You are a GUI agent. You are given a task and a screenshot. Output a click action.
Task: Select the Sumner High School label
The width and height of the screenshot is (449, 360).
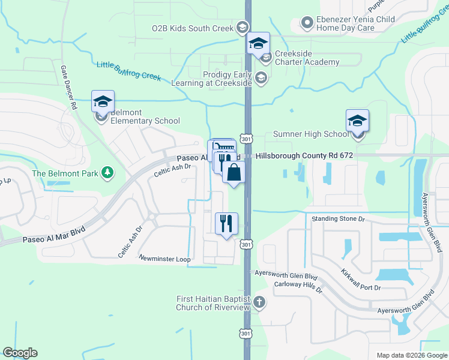[310, 134]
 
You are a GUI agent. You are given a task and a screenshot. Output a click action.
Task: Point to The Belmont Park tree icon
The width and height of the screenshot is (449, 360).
[107, 173]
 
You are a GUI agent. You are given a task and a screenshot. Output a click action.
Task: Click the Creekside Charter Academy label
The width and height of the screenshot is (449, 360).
[307, 58]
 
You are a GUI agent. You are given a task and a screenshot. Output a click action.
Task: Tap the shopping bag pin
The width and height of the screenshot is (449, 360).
[234, 173]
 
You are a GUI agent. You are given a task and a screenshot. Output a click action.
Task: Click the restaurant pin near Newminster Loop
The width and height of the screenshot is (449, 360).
[226, 224]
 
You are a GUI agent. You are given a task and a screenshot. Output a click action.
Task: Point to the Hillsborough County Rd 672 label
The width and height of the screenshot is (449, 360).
[304, 155]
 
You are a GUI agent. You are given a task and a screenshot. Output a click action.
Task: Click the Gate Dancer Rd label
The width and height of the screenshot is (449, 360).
[68, 88]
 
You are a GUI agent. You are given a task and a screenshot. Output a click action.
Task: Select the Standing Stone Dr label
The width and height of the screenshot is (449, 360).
[338, 219]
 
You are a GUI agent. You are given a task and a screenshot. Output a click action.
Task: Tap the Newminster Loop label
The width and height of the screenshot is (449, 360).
[164, 259]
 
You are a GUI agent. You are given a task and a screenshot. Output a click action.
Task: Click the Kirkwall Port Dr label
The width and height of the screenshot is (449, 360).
[360, 280]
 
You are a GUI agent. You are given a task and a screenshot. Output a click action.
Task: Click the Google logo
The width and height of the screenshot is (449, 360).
[20, 353]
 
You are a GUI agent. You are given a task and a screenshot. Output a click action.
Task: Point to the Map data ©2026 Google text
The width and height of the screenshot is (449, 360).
[411, 355]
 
